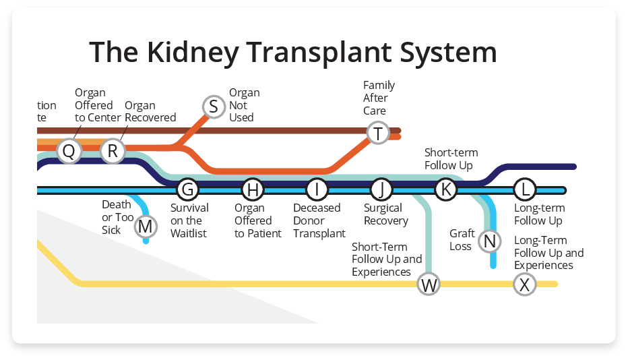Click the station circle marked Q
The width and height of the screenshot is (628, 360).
pos(68,151)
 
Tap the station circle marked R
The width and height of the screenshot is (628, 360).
pos(113,151)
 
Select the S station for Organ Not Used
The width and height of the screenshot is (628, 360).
pos(214,107)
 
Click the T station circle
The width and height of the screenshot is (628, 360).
pos(378,133)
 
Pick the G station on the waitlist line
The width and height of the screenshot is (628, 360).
pos(187,190)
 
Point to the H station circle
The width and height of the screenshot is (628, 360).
pos(252,190)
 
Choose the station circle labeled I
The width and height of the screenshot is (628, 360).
pos(317,190)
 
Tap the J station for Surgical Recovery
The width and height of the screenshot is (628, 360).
pos(381,190)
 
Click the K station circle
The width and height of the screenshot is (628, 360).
pos(445,190)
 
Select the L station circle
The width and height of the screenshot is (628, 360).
pos(525,190)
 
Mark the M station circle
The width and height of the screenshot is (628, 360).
pos(145,227)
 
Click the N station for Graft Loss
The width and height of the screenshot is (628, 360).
pos(490,241)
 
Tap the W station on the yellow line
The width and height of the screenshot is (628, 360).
pos(429,284)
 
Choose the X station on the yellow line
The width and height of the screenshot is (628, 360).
pos(525,284)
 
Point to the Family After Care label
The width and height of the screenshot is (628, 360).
pos(379,98)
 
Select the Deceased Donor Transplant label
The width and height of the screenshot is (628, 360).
pos(319,220)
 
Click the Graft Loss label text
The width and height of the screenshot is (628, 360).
pos(462,240)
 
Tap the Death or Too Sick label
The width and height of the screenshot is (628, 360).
pos(117,217)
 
